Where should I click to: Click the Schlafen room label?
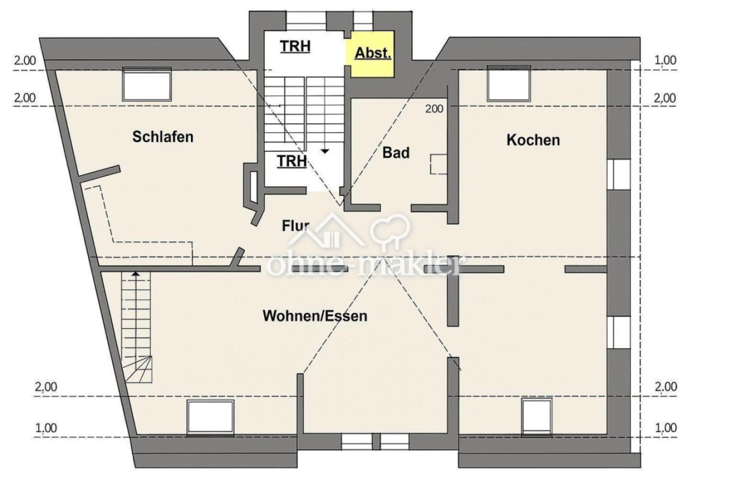(x=163, y=136)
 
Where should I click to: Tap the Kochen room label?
(x=533, y=139)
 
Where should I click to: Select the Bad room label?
(x=396, y=152)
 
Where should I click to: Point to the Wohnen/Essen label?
(x=315, y=316)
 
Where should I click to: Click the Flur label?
(x=296, y=225)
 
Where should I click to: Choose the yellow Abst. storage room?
(x=372, y=54)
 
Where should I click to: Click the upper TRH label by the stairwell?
(x=295, y=46)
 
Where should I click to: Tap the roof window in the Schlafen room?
(x=147, y=84)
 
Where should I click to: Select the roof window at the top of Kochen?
(x=509, y=84)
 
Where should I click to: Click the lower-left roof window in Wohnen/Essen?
(x=211, y=418)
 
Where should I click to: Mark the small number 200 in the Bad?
(x=434, y=109)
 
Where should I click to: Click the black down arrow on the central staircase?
(x=324, y=151)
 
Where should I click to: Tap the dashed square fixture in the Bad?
(x=438, y=164)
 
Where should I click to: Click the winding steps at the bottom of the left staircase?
(x=139, y=369)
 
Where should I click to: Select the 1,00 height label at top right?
(x=665, y=60)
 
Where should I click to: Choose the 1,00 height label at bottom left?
(x=46, y=428)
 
